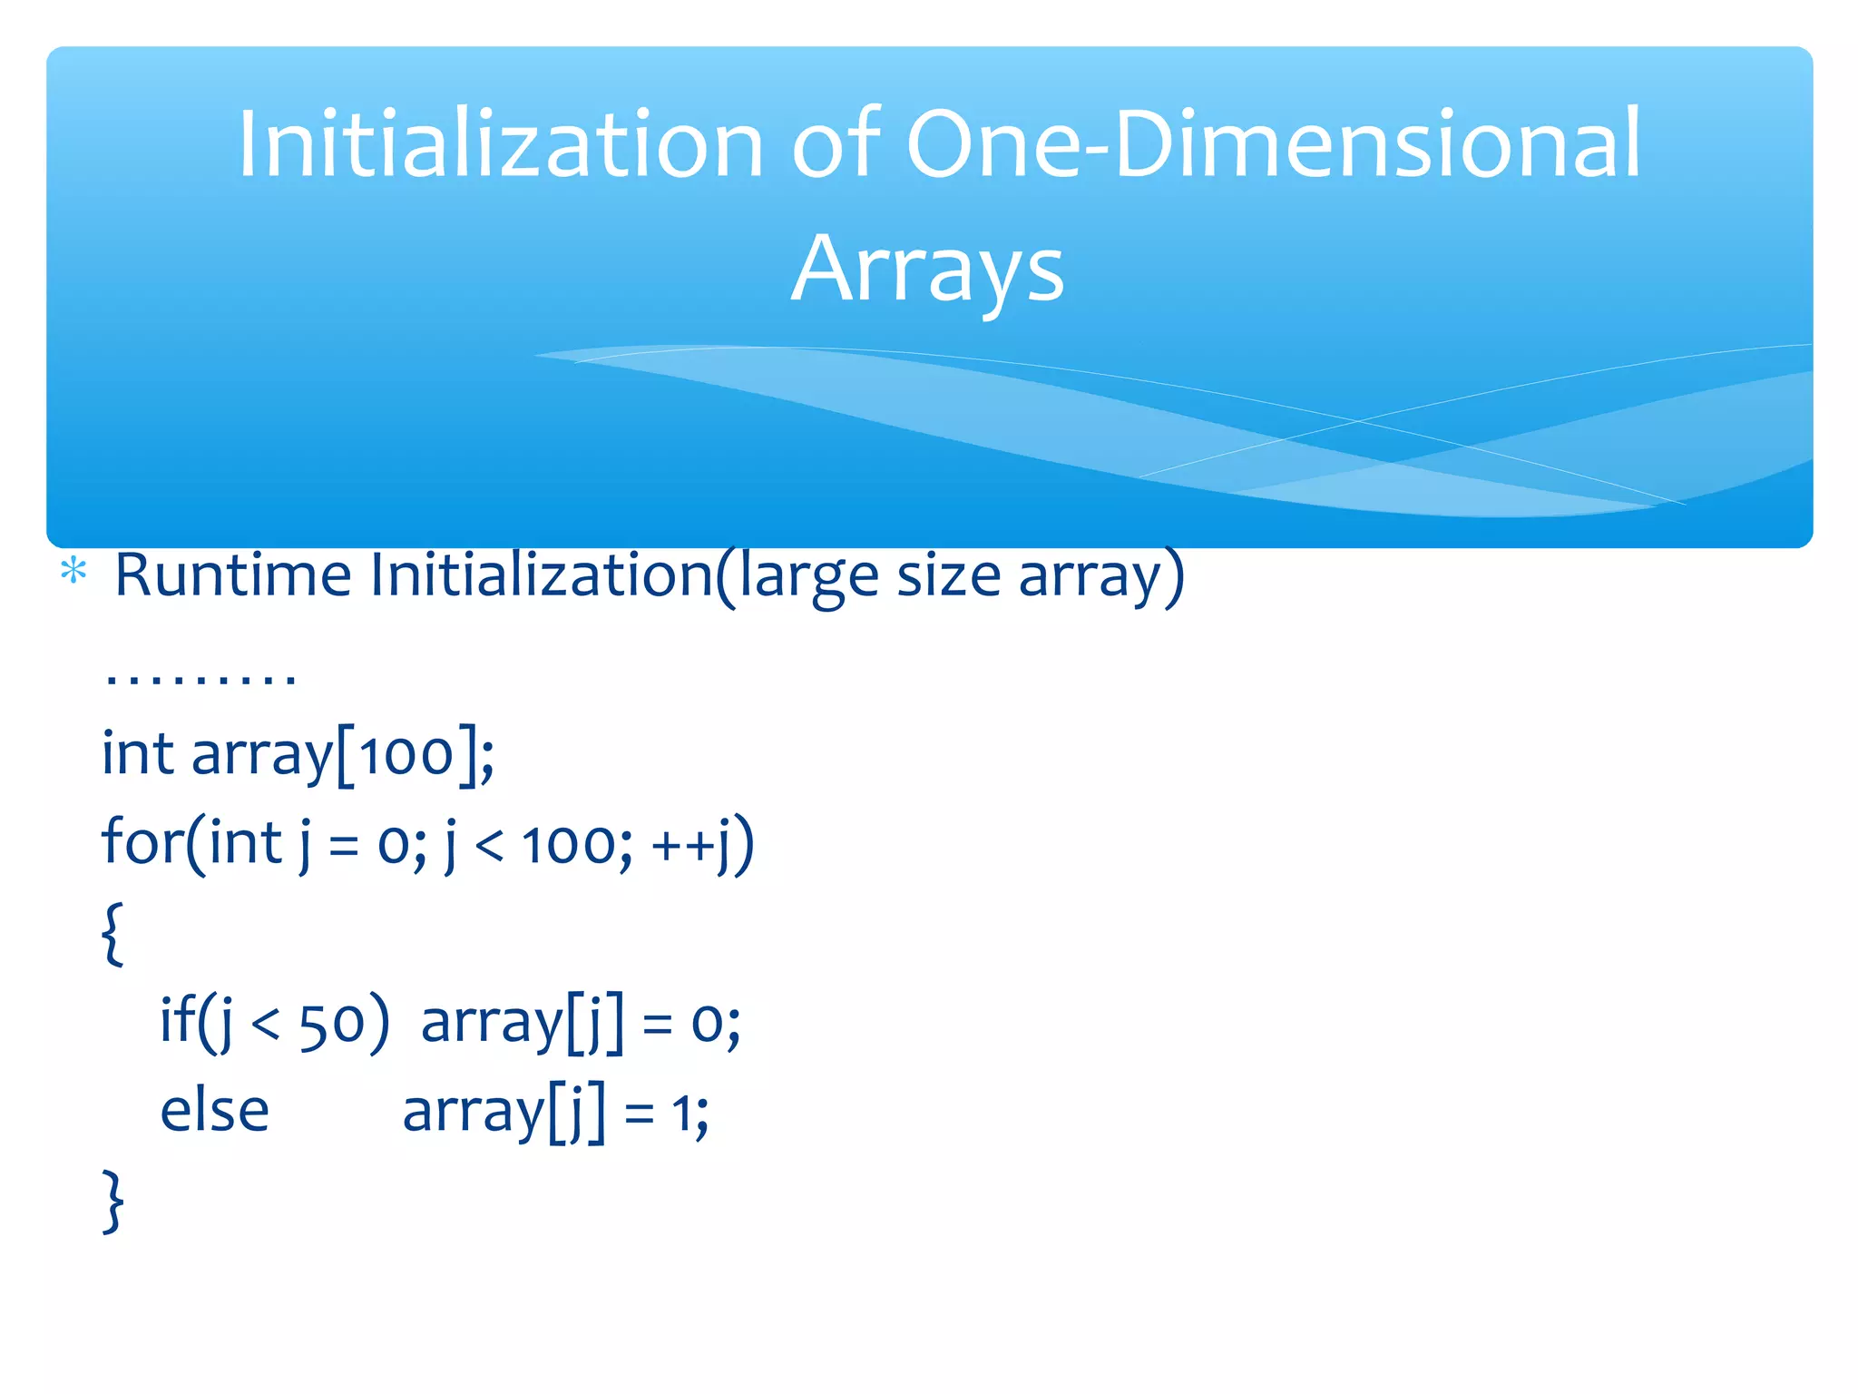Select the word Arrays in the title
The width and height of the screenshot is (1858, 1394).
pyautogui.click(x=927, y=269)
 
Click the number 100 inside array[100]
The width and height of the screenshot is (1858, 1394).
pyautogui.click(x=406, y=753)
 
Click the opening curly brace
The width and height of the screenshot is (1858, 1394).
pyautogui.click(x=112, y=933)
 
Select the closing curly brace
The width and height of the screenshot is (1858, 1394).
pyautogui.click(x=112, y=1201)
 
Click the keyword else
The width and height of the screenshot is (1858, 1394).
pyautogui.click(x=215, y=1111)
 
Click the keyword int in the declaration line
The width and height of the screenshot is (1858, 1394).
pyautogui.click(x=137, y=753)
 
